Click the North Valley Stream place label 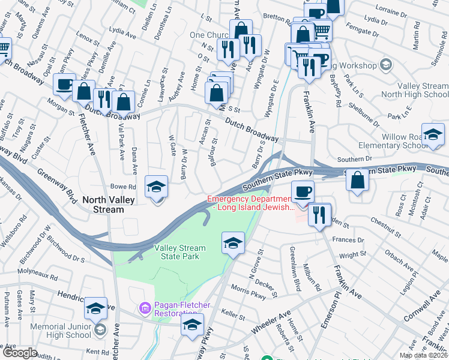click(103, 205)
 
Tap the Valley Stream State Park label click(179, 253)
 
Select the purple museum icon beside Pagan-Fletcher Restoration click(145, 309)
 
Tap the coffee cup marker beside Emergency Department click(303, 192)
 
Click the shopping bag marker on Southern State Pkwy click(358, 180)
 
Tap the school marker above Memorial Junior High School click(95, 308)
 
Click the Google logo click(19, 353)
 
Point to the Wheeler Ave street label click(270, 319)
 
